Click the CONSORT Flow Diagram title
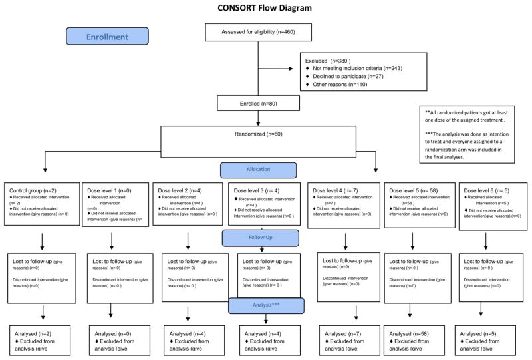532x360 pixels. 265,9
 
